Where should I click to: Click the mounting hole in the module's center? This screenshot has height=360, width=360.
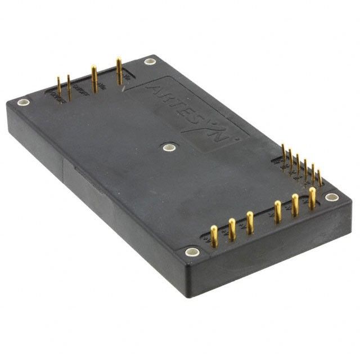[x=168, y=147]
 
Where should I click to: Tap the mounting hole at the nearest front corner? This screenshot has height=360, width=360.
[x=192, y=251]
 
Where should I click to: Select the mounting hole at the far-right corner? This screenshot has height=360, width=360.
[x=332, y=197]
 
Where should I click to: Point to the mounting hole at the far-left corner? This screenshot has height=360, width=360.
[x=23, y=102]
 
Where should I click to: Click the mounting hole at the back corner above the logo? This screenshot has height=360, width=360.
[x=150, y=62]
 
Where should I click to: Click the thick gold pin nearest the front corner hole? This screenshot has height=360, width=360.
[x=214, y=235]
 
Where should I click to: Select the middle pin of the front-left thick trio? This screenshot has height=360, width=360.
[x=232, y=228]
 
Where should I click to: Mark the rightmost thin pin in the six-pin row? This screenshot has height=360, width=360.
[x=319, y=177]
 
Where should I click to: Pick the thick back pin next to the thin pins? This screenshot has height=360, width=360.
[x=94, y=79]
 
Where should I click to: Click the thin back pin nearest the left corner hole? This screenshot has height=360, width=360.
[x=58, y=87]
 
